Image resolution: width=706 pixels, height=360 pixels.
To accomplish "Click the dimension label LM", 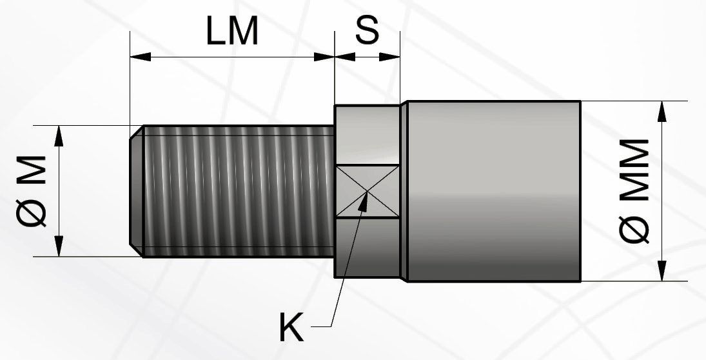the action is pos(232,31).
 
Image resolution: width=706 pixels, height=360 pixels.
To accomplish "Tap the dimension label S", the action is pos(368,30).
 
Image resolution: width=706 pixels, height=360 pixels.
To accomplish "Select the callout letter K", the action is pos(291,328).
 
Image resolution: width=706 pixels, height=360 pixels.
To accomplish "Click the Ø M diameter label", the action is pos(31,192).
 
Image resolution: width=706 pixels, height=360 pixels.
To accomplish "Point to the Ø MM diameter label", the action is pos(634,191).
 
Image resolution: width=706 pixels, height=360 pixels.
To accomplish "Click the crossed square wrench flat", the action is pos(368,192).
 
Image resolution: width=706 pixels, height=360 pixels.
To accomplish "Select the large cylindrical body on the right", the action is pos(494,192).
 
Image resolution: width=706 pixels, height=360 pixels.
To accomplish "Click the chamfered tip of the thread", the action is pos(137,192).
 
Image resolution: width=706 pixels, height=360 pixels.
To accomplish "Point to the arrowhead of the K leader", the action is pos(366,201).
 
